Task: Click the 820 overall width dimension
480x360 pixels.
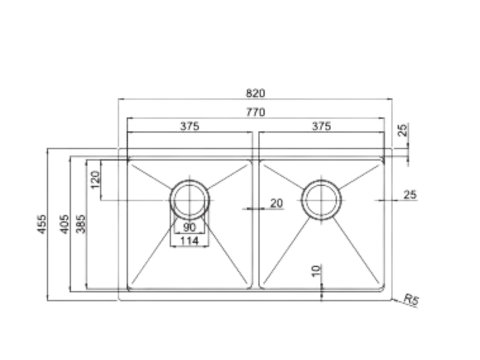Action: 257,92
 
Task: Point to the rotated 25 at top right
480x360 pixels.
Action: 402,131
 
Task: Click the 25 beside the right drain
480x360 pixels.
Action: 410,196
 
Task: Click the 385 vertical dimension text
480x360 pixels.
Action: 81,226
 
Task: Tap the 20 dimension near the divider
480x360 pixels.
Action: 275,203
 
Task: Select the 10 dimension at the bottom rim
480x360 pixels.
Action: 315,269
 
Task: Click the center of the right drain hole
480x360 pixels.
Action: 321,200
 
